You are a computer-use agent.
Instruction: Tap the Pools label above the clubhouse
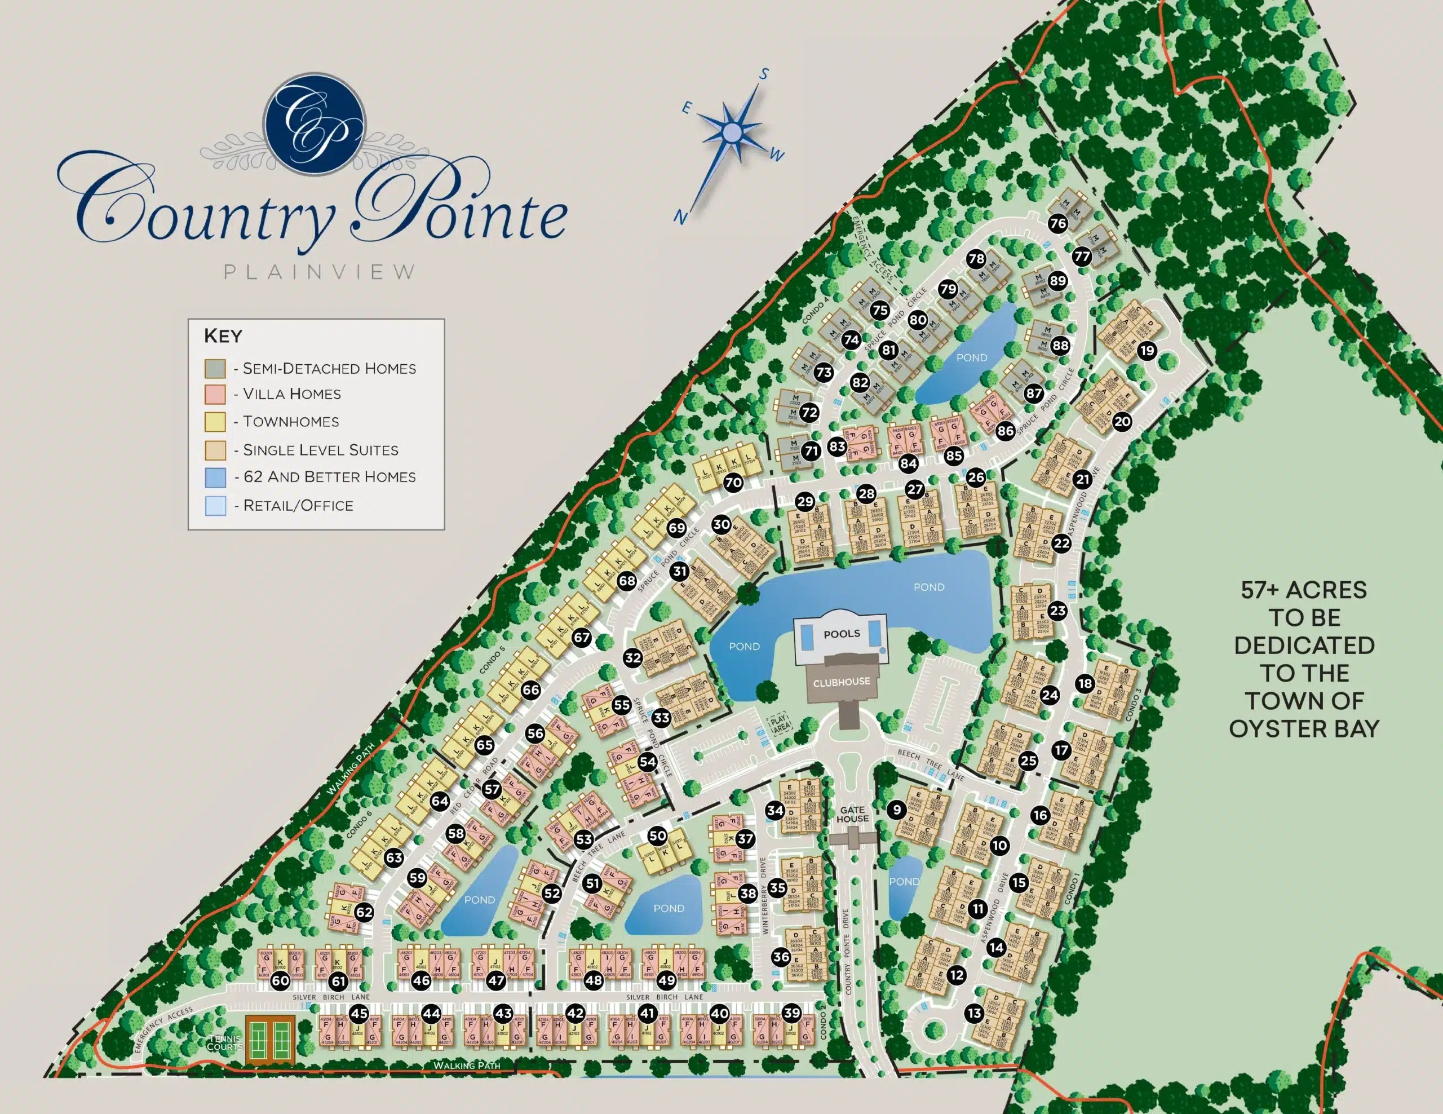(841, 634)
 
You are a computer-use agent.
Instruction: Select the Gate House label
(852, 814)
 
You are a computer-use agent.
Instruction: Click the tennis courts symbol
(269, 1040)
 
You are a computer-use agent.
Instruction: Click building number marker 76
(1058, 223)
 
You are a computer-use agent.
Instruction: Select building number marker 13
(974, 1013)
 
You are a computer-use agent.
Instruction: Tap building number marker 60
(280, 980)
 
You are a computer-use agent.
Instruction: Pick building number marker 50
(657, 835)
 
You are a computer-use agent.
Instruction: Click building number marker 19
(1147, 350)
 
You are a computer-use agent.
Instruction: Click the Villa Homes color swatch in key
(215, 395)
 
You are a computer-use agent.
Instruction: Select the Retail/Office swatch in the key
(215, 506)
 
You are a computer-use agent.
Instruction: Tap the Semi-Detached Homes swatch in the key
(215, 368)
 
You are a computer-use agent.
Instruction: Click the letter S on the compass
(764, 74)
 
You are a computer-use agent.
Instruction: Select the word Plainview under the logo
(320, 272)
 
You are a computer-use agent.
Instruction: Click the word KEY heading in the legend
(223, 335)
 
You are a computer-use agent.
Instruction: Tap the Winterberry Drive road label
(764, 895)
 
